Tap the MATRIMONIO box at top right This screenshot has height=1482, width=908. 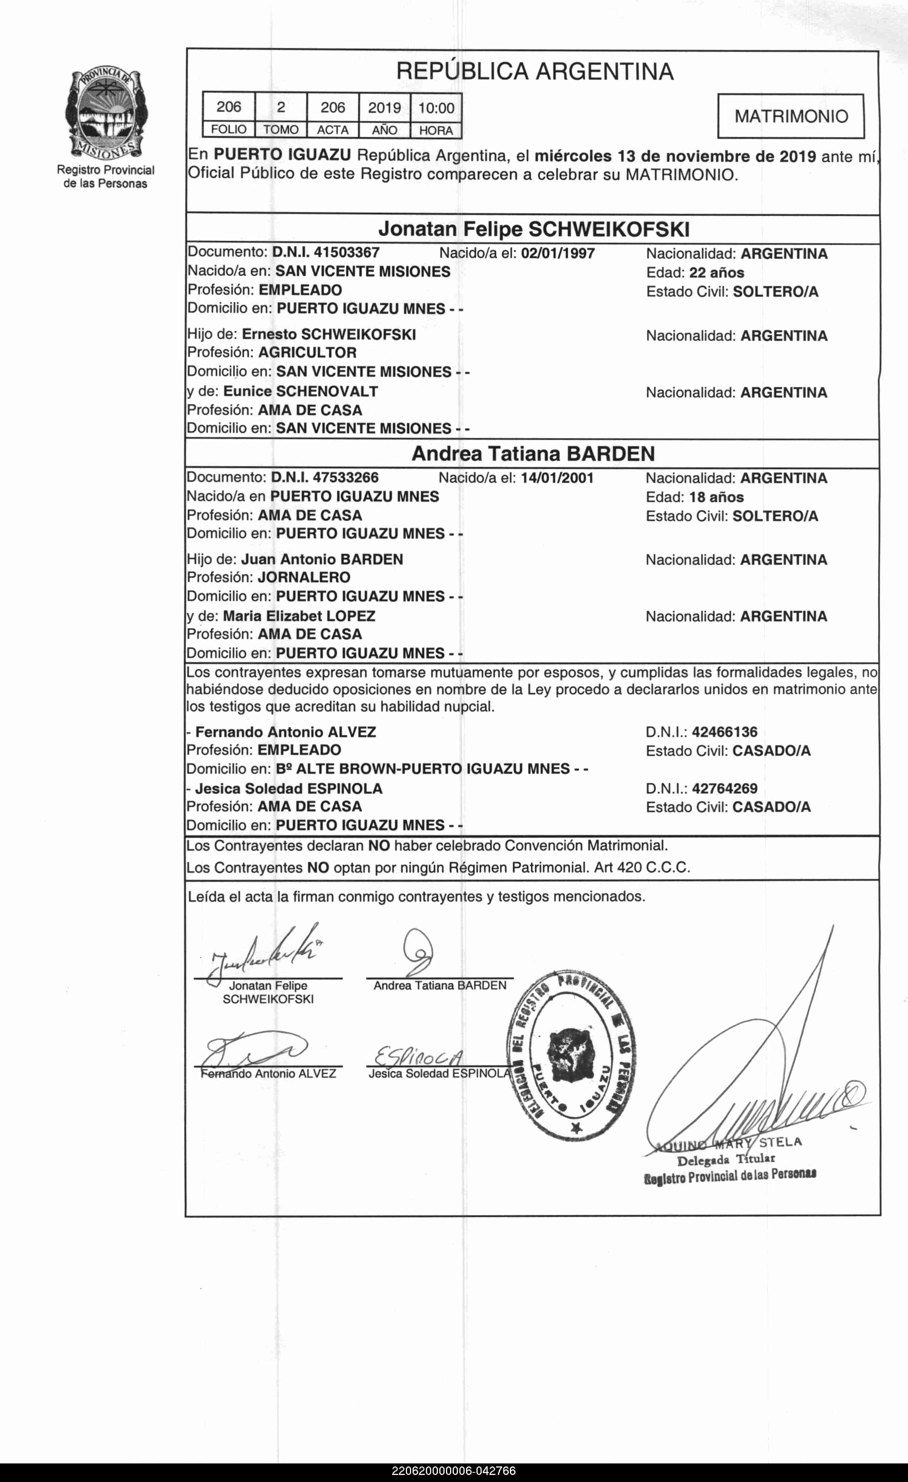click(791, 116)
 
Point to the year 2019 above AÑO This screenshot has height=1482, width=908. click(384, 108)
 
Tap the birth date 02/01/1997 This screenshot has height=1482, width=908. click(558, 253)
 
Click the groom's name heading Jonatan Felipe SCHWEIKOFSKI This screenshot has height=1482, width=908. click(533, 229)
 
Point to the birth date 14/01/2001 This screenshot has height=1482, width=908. click(557, 478)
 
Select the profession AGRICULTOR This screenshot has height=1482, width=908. click(307, 353)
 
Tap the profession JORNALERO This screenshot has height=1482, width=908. click(304, 578)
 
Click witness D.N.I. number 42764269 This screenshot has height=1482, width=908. click(725, 789)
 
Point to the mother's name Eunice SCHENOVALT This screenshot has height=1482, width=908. click(300, 392)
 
